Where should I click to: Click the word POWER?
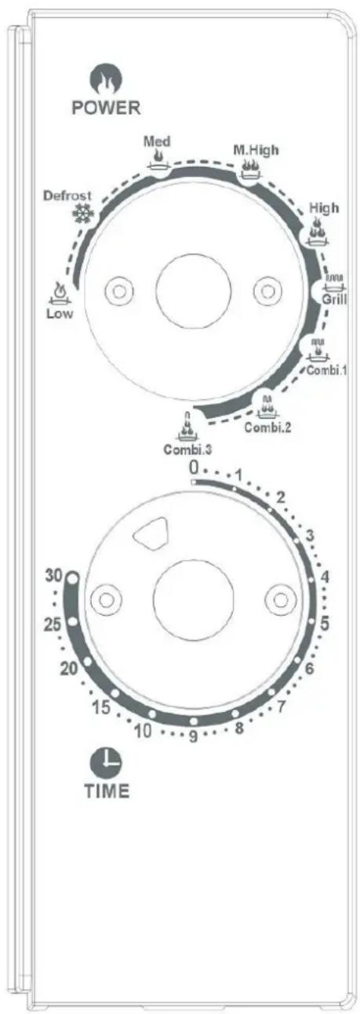(x=107, y=107)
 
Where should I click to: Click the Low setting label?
(x=60, y=313)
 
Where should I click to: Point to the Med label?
(x=157, y=141)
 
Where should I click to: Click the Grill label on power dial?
(x=334, y=300)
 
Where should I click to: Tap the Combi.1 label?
(x=326, y=370)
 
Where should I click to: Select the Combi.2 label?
(x=267, y=427)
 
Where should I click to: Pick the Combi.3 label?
(x=188, y=450)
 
